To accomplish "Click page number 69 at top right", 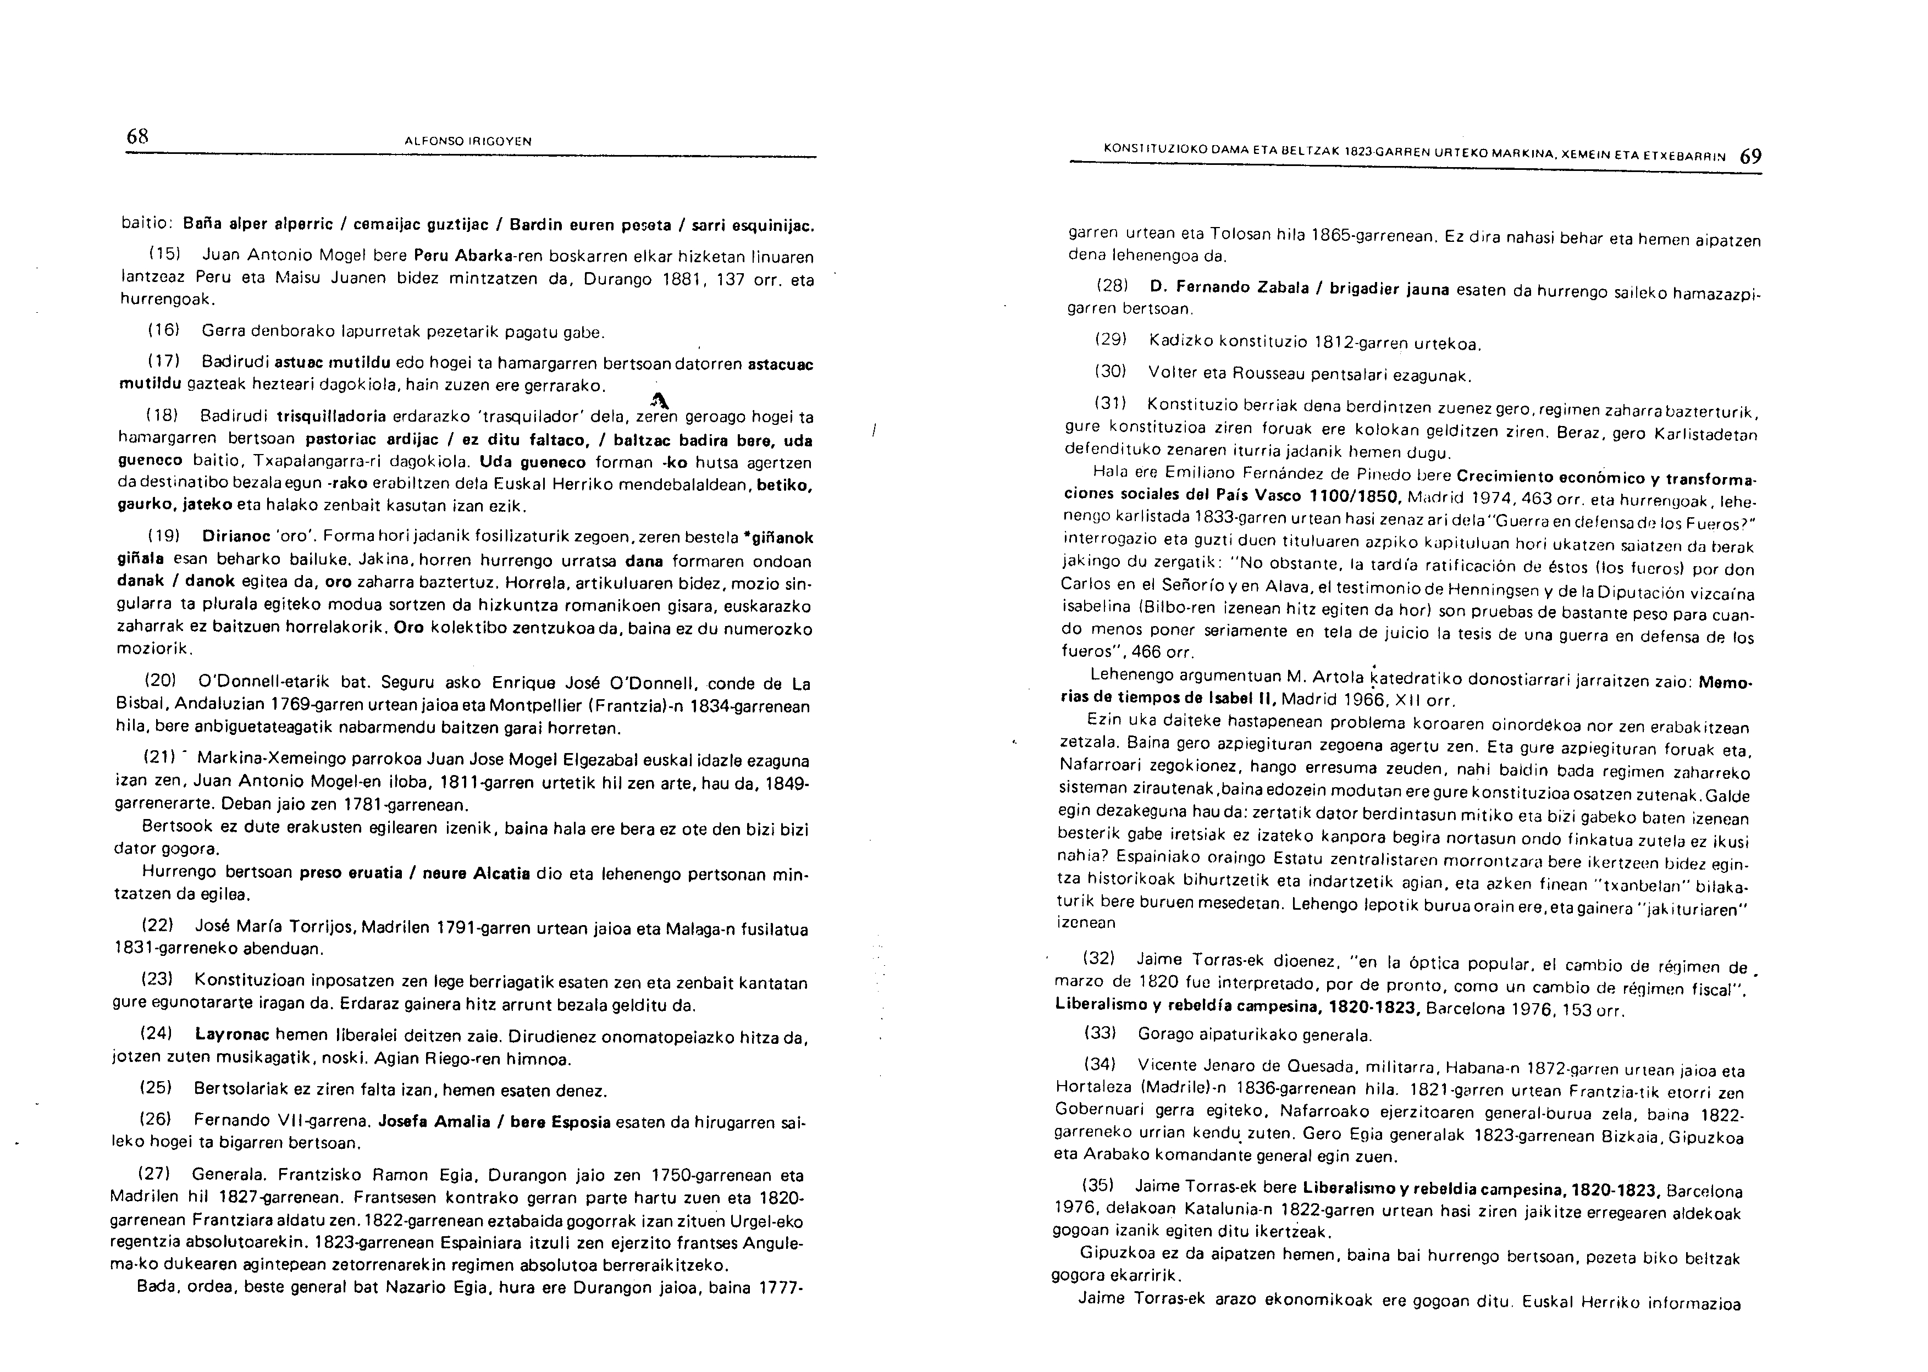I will tap(1750, 157).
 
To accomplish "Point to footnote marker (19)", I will tap(162, 537).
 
